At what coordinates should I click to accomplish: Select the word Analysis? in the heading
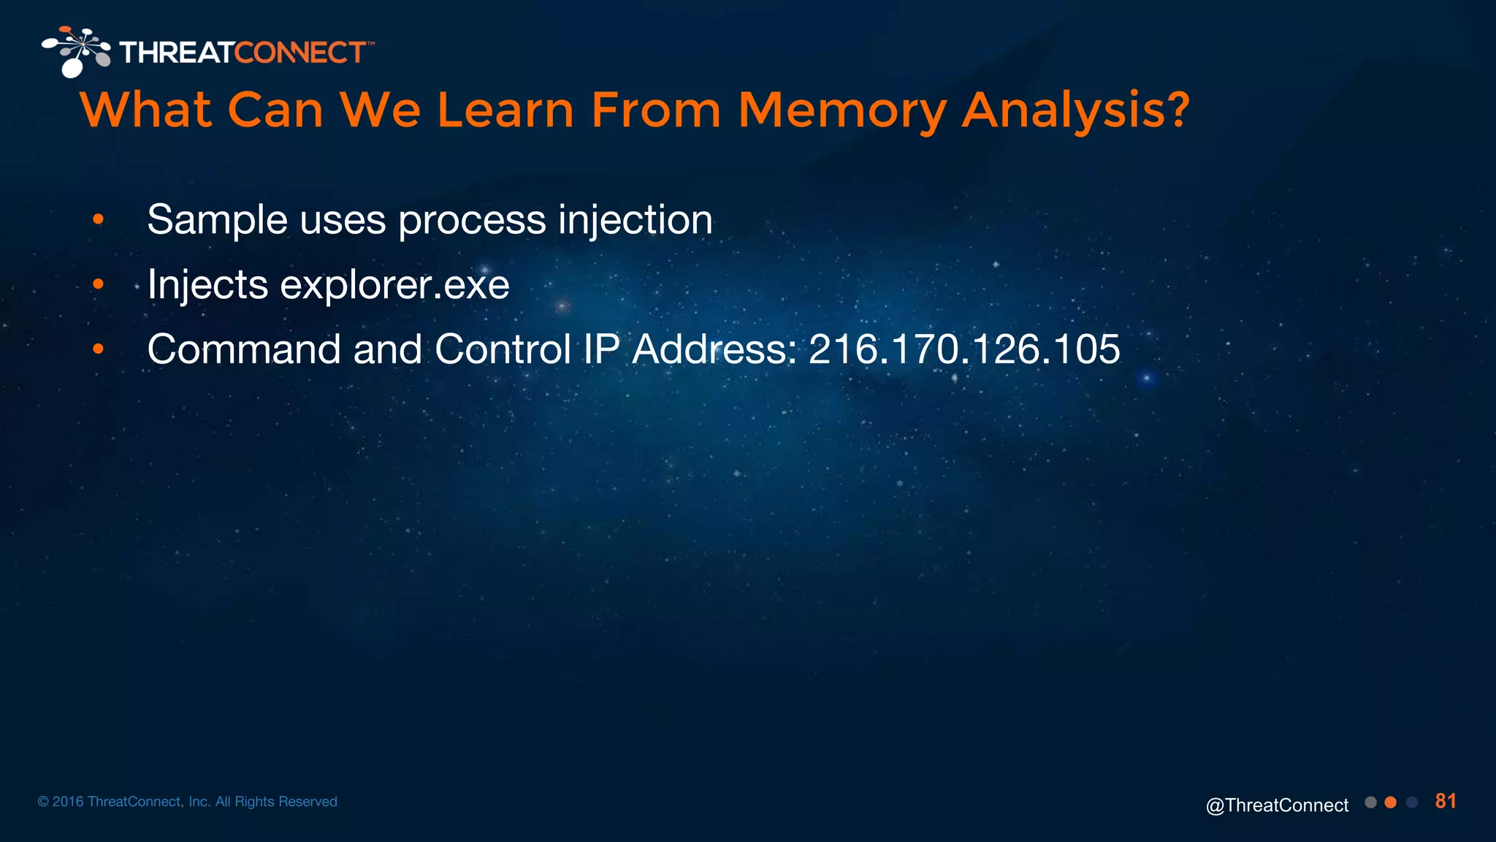[x=1075, y=110]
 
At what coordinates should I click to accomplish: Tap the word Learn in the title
[x=505, y=110]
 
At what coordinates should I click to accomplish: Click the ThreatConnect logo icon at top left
[x=76, y=51]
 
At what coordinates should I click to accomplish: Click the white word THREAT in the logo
[x=177, y=53]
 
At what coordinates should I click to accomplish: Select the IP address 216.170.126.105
[x=964, y=349]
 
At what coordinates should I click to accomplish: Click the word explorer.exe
[x=394, y=284]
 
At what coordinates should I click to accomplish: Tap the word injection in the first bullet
[x=635, y=219]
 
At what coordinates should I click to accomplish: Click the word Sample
[x=217, y=219]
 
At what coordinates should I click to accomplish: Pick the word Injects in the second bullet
[x=207, y=284]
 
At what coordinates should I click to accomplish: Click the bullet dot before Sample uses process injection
[x=99, y=219]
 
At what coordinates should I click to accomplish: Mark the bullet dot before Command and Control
[x=99, y=349]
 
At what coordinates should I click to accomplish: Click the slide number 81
[x=1445, y=801]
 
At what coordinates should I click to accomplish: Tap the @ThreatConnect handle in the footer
[x=1277, y=805]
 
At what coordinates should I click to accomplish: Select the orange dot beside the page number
[x=1391, y=803]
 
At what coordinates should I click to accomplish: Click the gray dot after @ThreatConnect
[x=1370, y=803]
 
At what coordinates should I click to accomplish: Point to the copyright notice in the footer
[x=187, y=802]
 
